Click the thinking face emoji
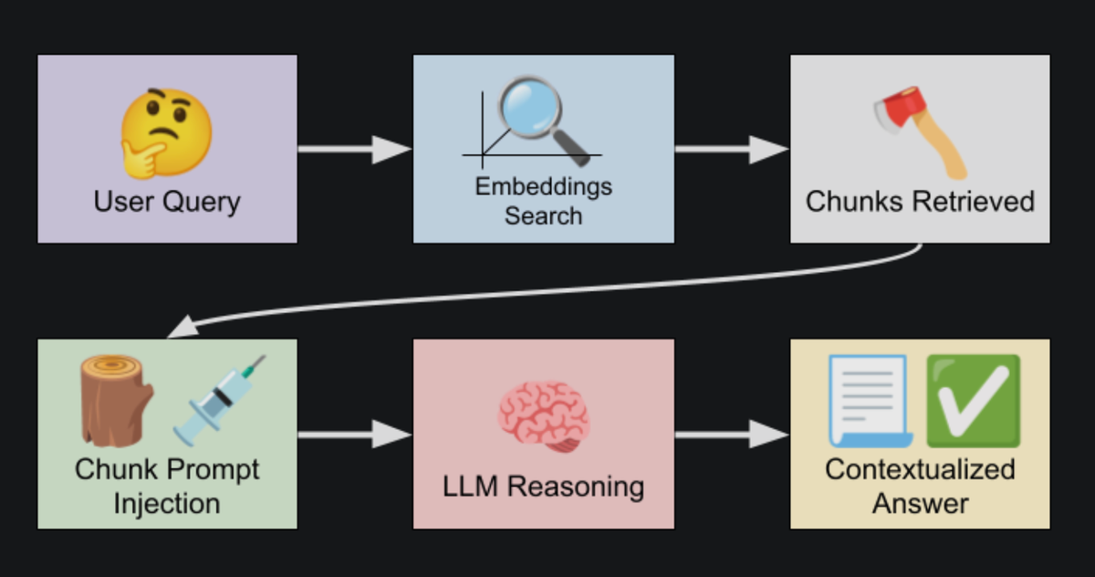(166, 133)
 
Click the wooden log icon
(116, 400)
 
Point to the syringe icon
(219, 400)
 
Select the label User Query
(166, 200)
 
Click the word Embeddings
(543, 187)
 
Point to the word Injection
(166, 503)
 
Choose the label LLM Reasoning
(543, 487)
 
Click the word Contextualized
(920, 469)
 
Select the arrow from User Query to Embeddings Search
(354, 149)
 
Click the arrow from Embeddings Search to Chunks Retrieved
(731, 149)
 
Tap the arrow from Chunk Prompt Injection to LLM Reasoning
(354, 435)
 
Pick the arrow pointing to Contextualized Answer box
(731, 435)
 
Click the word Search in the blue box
(543, 216)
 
